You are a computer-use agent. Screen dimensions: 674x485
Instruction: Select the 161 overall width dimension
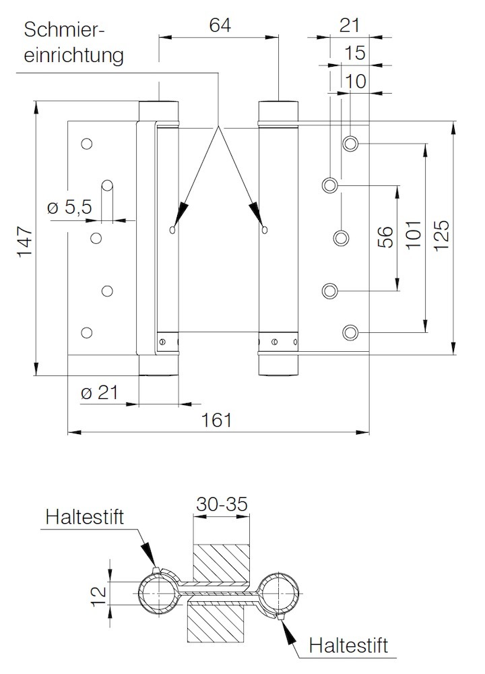(x=217, y=420)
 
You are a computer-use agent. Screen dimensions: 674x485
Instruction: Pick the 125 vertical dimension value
(x=442, y=237)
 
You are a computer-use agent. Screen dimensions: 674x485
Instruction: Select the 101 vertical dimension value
(x=413, y=237)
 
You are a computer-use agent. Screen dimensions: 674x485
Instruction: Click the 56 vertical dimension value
(x=385, y=237)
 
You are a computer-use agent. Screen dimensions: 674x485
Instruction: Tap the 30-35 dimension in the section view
(x=222, y=503)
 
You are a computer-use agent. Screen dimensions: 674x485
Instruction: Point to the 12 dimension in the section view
(x=98, y=594)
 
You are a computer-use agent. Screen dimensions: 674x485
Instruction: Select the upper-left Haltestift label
(x=86, y=517)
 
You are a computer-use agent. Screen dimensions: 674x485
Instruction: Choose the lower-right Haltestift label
(x=349, y=646)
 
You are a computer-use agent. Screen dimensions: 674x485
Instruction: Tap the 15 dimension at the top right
(x=354, y=53)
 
